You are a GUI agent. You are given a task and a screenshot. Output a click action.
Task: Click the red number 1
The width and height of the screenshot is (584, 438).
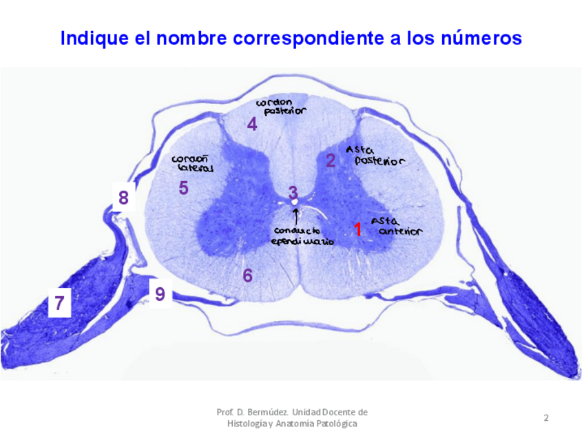(357, 229)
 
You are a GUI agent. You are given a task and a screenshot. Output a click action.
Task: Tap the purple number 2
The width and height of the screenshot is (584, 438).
(331, 161)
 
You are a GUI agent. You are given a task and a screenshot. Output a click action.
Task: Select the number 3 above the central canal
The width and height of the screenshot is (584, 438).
(293, 193)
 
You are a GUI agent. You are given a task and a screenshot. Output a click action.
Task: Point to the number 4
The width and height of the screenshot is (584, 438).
(252, 125)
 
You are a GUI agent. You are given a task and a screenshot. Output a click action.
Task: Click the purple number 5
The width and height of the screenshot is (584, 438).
(183, 187)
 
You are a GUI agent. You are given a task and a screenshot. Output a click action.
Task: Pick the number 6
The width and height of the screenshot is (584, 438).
(247, 275)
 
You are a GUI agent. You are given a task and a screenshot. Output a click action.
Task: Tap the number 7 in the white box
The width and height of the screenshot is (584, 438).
(60, 302)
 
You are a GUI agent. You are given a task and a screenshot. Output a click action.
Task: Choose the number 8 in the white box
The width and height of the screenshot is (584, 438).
(123, 198)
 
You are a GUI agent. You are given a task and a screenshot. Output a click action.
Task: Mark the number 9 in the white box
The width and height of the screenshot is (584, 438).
(160, 294)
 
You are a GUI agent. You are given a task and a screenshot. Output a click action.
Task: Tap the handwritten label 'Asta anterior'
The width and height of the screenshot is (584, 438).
(395, 227)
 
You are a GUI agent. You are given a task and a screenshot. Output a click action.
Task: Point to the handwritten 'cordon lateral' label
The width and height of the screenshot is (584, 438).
(193, 163)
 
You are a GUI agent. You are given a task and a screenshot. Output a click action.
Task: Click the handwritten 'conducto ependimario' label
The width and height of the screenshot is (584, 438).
(302, 236)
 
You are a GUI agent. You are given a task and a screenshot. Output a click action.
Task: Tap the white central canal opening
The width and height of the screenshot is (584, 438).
(295, 203)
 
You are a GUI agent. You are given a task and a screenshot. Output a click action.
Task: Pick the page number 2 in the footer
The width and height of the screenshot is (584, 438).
(546, 417)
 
